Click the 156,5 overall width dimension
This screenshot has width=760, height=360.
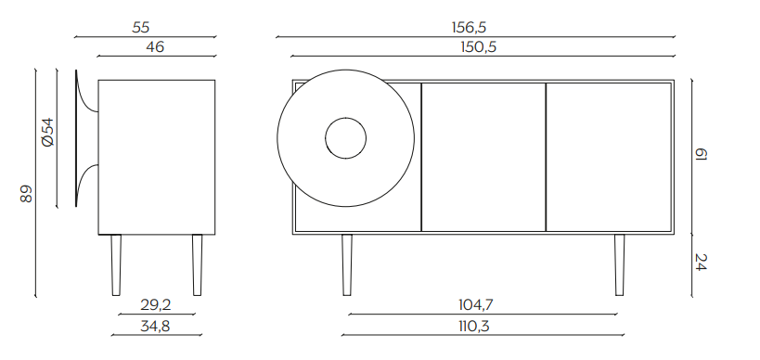pos(469,27)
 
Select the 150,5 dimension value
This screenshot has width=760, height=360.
pos(479,47)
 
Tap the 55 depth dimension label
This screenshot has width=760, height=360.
pos(140,27)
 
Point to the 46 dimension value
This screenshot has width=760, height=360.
pos(155,47)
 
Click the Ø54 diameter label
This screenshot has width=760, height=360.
pos(47,133)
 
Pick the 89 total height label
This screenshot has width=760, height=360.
pos(26,193)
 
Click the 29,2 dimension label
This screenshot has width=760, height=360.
pos(156,304)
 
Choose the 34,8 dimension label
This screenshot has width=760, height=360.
pos(155,326)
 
